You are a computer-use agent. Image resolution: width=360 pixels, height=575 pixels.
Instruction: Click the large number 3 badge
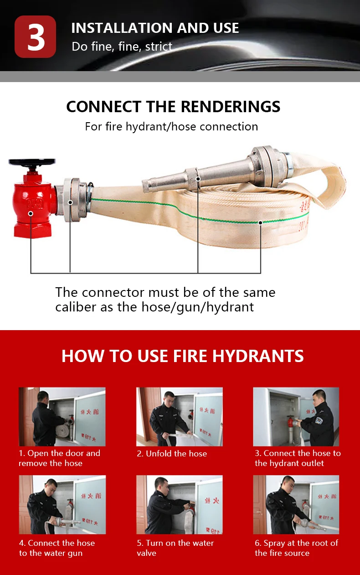[x=36, y=37]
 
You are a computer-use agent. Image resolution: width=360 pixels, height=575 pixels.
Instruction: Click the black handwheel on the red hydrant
[x=32, y=162]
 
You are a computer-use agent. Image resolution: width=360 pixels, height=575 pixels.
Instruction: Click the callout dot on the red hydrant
[x=31, y=213]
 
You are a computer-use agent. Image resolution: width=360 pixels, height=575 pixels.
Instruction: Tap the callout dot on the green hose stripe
[x=260, y=223]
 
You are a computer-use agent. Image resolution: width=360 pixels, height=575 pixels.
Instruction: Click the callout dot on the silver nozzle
[x=198, y=179]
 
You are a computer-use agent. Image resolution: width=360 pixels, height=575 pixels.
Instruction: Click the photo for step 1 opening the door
[x=62, y=417]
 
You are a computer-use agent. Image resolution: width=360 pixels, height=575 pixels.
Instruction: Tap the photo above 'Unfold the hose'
[x=180, y=417]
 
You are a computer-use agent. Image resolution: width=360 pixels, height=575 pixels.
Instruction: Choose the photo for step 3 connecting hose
[x=296, y=417]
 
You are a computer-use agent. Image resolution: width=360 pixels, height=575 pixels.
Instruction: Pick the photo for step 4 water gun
[x=62, y=505]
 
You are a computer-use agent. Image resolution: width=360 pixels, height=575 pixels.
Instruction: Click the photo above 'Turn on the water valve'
[x=180, y=505]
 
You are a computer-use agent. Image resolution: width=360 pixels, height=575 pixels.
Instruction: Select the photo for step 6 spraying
[x=296, y=505]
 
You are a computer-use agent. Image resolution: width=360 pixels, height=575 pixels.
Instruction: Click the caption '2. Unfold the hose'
[x=172, y=454]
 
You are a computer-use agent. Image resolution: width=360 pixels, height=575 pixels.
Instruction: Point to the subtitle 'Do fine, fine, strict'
[x=122, y=47]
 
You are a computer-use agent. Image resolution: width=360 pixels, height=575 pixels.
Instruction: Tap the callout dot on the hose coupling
[x=70, y=202]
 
